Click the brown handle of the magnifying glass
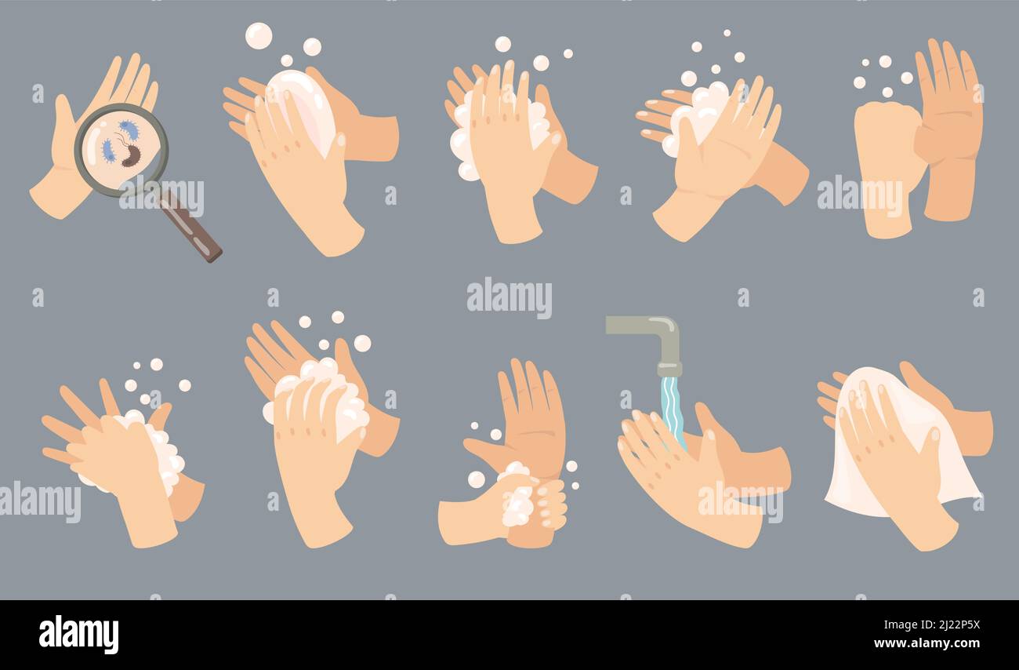pos(191,228)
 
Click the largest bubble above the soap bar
pos(258,36)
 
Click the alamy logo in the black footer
pos(78,635)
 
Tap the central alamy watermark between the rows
pos(509,298)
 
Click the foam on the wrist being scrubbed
pos(517,502)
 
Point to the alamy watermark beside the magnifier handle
pos(161,196)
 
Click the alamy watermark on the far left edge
pos(39,502)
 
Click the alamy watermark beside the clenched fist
pos(859,196)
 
